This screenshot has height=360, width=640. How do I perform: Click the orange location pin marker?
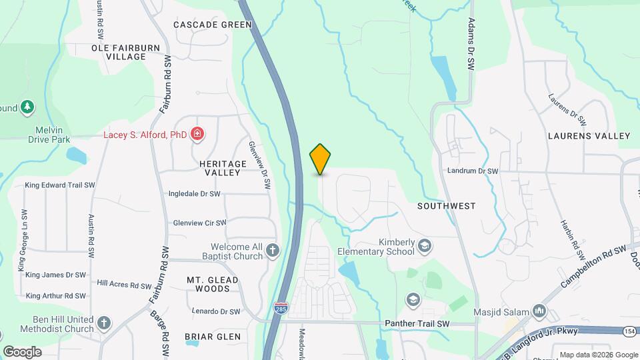(x=320, y=159)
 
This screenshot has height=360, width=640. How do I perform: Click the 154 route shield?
(x=629, y=331)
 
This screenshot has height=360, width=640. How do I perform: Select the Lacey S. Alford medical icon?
(x=197, y=135)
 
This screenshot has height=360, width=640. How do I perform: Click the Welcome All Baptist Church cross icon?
(x=272, y=251)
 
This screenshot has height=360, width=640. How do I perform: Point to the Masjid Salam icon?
(x=539, y=311)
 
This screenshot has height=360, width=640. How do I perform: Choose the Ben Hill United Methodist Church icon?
(x=103, y=323)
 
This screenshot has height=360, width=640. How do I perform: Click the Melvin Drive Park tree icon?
(x=27, y=107)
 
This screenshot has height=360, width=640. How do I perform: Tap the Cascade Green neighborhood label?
(x=213, y=25)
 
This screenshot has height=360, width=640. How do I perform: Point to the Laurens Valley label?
(x=589, y=135)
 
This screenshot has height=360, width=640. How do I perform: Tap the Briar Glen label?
(x=213, y=337)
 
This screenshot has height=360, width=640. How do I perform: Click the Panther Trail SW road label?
(x=418, y=324)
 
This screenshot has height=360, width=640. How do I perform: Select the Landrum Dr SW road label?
(x=473, y=171)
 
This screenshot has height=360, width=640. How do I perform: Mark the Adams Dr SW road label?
(x=471, y=45)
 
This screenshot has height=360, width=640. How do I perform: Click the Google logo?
(x=22, y=352)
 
